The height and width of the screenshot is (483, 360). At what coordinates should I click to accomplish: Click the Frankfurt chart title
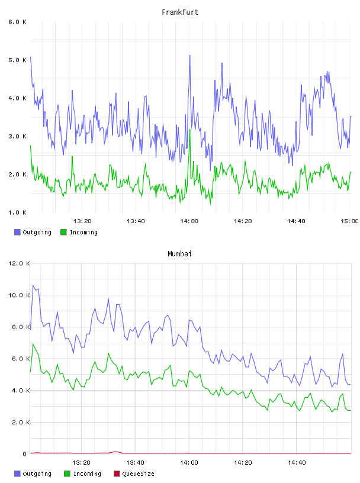click(180, 12)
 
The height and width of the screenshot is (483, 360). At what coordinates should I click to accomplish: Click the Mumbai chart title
click(179, 253)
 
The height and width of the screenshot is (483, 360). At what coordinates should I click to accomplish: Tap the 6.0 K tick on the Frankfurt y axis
click(17, 22)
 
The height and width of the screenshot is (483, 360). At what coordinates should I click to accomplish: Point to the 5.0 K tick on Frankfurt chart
click(17, 60)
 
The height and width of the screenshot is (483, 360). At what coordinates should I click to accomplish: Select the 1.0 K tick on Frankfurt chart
click(17, 212)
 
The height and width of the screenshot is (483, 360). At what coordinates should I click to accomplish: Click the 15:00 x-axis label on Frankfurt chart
click(349, 221)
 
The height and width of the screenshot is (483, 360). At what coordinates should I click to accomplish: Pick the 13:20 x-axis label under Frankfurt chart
click(82, 221)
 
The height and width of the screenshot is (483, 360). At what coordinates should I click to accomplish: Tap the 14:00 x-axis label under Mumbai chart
click(189, 463)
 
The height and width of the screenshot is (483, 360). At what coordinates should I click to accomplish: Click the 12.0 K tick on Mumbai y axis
click(19, 263)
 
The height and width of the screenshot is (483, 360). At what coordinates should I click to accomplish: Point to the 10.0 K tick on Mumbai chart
click(19, 295)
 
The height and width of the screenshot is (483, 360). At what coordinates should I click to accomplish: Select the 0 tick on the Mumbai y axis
click(25, 454)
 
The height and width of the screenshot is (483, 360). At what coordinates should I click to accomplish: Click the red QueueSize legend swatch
click(117, 474)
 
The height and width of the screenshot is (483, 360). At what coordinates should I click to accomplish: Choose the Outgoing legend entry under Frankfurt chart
click(33, 232)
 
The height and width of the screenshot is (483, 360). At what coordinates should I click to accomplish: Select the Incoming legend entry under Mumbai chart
click(83, 474)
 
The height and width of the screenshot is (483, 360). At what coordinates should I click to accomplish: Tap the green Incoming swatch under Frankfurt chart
click(63, 232)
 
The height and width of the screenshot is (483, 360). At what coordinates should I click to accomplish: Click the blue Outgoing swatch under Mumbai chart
click(17, 474)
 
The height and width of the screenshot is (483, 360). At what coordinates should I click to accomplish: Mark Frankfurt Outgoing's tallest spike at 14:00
click(190, 56)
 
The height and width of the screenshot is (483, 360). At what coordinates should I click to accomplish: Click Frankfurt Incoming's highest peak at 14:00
click(190, 130)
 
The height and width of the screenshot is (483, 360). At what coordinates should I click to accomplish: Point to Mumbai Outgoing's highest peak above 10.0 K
click(33, 285)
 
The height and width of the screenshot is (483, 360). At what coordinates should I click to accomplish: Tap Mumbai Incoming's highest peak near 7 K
click(33, 344)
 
